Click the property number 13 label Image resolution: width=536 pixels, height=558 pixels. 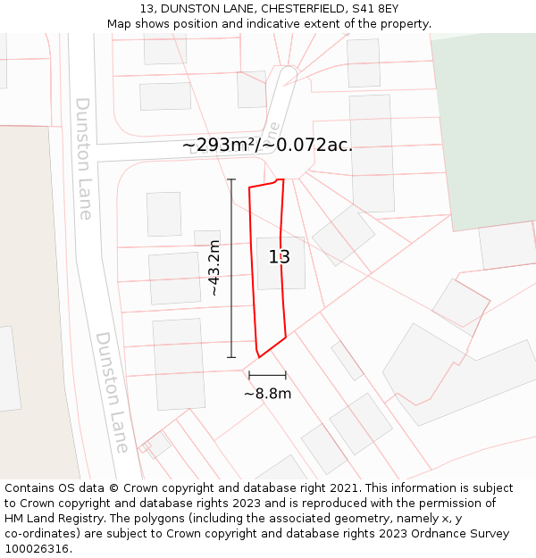pos(280,257)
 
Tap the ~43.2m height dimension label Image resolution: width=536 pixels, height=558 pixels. pos(214,268)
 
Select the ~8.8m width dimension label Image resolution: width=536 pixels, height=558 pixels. pos(267,393)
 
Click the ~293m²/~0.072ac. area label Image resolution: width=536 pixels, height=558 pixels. pos(267,145)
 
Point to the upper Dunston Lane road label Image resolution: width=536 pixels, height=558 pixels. pos(84,158)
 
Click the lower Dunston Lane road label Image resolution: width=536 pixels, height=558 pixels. pos(113,392)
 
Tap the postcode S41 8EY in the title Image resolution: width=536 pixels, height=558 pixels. pos(376,9)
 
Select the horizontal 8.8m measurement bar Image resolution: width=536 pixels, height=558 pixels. pos(267,375)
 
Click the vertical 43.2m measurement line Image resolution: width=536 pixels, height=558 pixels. pos(231,268)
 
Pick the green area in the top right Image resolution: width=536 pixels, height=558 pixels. pos(487,125)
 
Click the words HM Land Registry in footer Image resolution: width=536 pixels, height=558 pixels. pos(52,519)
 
